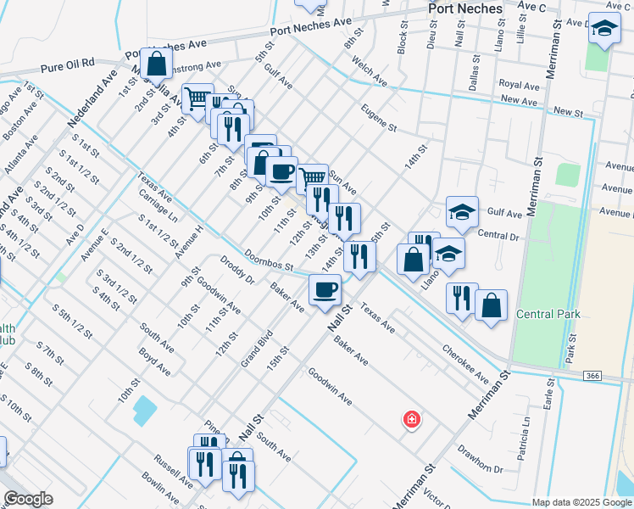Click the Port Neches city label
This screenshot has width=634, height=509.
pyautogui.click(x=465, y=8)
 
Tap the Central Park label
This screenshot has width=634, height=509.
pyautogui.click(x=548, y=314)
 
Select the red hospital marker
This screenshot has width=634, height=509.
pyautogui.click(x=412, y=419)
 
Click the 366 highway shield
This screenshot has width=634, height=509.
pyautogui.click(x=592, y=375)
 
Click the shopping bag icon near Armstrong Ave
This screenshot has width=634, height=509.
pyautogui.click(x=157, y=63)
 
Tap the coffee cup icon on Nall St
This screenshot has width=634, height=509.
pyautogui.click(x=325, y=290)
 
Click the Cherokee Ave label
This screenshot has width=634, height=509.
pyautogui.click(x=464, y=362)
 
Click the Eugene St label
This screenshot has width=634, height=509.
pyautogui.click(x=378, y=119)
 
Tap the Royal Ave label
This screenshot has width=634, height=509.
pyautogui.click(x=519, y=86)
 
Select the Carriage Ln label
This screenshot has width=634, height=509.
pyautogui.click(x=158, y=204)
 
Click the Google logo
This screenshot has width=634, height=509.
pyautogui.click(x=28, y=499)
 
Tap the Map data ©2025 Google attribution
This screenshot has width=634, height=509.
pyautogui.click(x=582, y=502)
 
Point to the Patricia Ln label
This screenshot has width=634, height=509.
pyautogui.click(x=526, y=432)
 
